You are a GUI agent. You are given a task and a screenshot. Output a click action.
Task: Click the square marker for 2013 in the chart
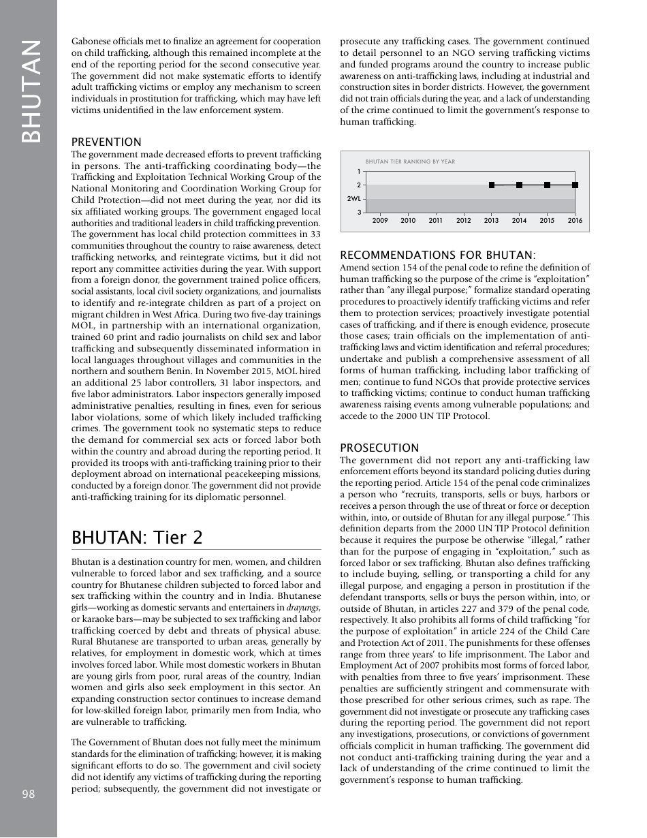[492, 185]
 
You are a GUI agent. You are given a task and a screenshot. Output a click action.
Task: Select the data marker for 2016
[575, 185]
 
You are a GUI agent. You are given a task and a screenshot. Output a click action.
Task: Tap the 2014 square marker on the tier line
[520, 185]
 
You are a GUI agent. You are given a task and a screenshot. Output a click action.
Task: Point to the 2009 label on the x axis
[380, 221]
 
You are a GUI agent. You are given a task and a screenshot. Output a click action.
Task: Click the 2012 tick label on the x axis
[464, 221]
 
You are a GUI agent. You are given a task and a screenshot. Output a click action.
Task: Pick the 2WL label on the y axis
[353, 199]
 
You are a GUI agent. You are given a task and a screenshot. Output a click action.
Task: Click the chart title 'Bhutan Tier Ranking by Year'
[410, 162]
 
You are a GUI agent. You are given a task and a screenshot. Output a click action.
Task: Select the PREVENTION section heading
[106, 142]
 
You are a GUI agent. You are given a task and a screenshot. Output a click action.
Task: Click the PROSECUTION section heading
[379, 448]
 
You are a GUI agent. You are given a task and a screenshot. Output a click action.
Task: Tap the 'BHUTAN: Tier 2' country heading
[137, 538]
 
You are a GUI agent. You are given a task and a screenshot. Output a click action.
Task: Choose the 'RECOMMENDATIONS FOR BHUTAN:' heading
[438, 255]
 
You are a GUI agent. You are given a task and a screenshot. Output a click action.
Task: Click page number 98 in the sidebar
[28, 794]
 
